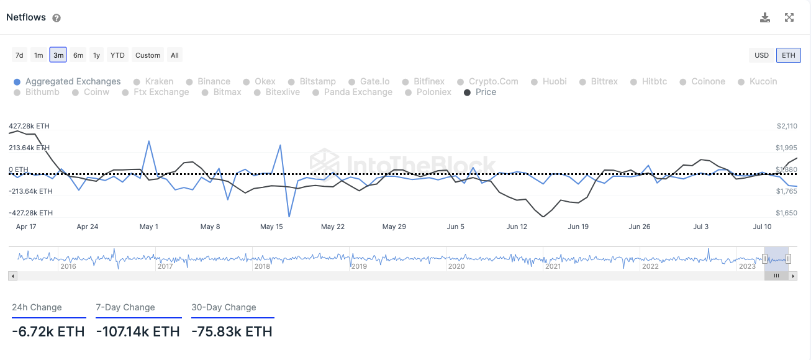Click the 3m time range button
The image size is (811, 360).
click(x=58, y=55)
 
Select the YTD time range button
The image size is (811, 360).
click(x=117, y=55)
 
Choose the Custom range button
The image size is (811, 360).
click(x=148, y=55)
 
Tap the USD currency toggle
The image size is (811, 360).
click(x=761, y=55)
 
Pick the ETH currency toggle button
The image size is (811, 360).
click(x=788, y=55)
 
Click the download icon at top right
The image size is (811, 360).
click(x=765, y=17)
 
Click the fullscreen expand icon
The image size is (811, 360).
click(x=789, y=17)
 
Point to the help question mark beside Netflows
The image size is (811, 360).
click(x=57, y=18)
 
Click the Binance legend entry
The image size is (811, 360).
click(x=214, y=81)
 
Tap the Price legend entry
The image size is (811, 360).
click(x=486, y=92)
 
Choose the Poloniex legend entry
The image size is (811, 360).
click(x=433, y=92)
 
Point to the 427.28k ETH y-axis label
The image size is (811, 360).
click(x=29, y=126)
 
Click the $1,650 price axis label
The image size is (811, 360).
click(x=787, y=213)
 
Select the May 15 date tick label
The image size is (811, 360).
click(x=271, y=227)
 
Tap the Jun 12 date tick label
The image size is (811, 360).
click(x=517, y=227)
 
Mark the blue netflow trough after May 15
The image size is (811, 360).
click(x=289, y=216)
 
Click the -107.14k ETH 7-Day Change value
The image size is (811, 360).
click(x=138, y=331)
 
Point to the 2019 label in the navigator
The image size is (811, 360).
click(x=359, y=266)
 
